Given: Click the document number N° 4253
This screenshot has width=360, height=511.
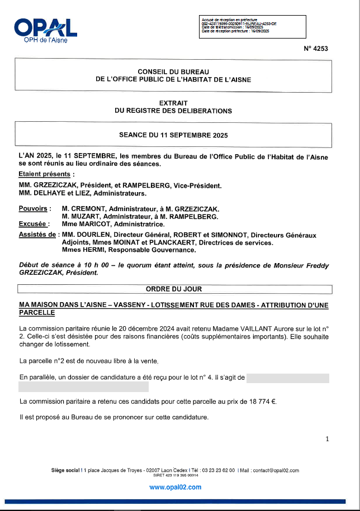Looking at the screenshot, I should [316, 49].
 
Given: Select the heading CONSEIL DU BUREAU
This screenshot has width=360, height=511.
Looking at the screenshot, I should [173, 71].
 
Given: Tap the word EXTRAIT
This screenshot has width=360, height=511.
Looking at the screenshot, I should [173, 103].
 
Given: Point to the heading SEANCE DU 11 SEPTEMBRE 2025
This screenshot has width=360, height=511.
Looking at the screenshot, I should [173, 135].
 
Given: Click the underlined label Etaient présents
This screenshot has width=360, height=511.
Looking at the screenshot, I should [38, 174].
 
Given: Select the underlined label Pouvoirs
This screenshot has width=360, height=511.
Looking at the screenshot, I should [35, 208].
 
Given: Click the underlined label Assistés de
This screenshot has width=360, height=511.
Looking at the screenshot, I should [37, 235].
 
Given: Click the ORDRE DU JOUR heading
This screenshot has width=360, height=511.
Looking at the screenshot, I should [174, 289].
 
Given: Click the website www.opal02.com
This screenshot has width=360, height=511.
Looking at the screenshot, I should [175, 487].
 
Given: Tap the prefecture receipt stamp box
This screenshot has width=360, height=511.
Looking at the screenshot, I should [252, 26].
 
